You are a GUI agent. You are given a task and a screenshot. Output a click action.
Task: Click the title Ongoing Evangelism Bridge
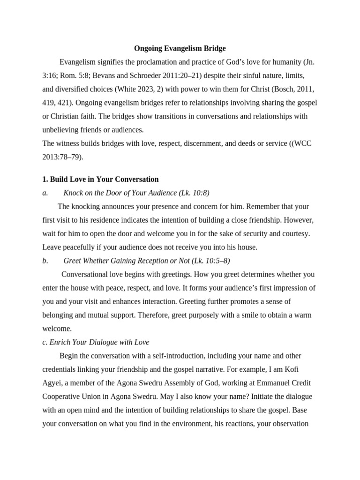(x=180, y=48)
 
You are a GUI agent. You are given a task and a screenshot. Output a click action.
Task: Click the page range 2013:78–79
(x=62, y=157)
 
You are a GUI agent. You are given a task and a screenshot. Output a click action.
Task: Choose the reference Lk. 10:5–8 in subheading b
(x=210, y=261)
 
